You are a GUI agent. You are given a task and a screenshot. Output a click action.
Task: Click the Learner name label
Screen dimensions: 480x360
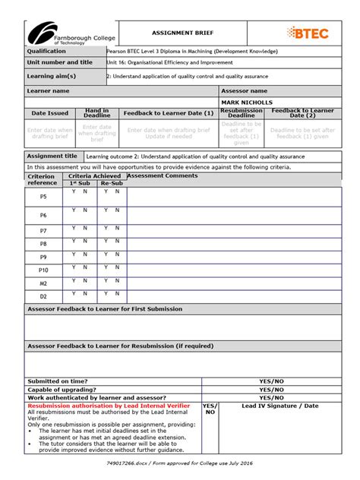pyautogui.click(x=49, y=90)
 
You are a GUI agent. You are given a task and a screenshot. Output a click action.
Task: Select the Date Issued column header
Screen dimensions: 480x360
pyautogui.click(x=49, y=113)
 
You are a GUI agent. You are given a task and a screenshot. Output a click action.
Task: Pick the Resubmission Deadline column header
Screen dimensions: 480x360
pyautogui.click(x=241, y=113)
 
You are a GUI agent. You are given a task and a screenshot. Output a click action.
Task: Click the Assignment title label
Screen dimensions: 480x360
pyautogui.click(x=52, y=156)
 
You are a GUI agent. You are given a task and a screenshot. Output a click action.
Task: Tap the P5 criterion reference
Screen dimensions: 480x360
pyautogui.click(x=43, y=197)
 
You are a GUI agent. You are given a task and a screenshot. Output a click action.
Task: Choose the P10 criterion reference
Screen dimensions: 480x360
pyautogui.click(x=43, y=270)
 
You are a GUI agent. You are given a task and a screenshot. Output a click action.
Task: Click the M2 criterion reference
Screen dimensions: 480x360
pyautogui.click(x=43, y=283)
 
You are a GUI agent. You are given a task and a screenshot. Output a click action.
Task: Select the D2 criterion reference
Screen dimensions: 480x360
pyautogui.click(x=43, y=296)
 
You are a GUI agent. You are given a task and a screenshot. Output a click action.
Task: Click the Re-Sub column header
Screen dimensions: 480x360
pyautogui.click(x=112, y=183)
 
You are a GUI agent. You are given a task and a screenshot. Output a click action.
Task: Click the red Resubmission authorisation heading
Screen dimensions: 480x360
pyautogui.click(x=109, y=406)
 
